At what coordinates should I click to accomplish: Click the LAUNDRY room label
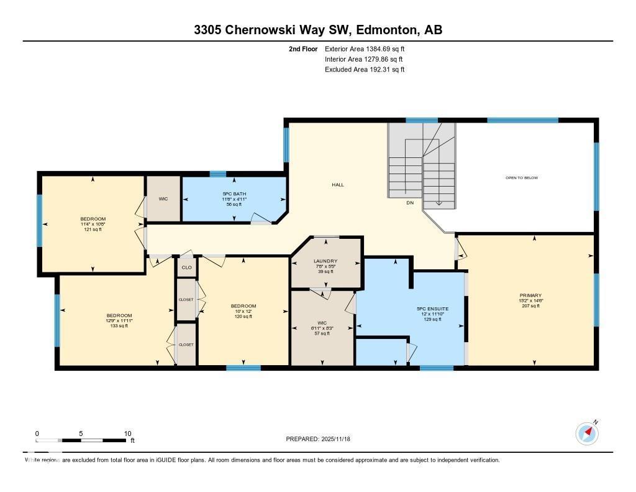[325, 261]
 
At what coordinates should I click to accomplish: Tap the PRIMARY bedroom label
[531, 295]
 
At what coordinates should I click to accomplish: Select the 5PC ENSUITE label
[432, 309]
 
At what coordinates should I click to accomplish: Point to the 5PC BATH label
[234, 194]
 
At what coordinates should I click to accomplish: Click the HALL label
[338, 185]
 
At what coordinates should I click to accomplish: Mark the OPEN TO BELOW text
[521, 178]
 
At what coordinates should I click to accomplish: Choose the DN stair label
[410, 203]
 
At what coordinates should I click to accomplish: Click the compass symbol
[587, 434]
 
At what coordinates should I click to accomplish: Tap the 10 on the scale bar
[127, 434]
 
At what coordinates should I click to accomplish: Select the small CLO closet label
[186, 268]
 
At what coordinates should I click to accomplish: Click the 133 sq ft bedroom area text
[119, 326]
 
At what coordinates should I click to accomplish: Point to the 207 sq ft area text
[531, 306]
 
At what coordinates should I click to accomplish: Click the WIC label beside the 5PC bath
[163, 199]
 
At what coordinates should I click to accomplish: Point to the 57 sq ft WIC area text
[322, 333]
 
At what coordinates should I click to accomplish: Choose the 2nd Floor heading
[303, 49]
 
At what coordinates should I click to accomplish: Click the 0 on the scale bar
[37, 434]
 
